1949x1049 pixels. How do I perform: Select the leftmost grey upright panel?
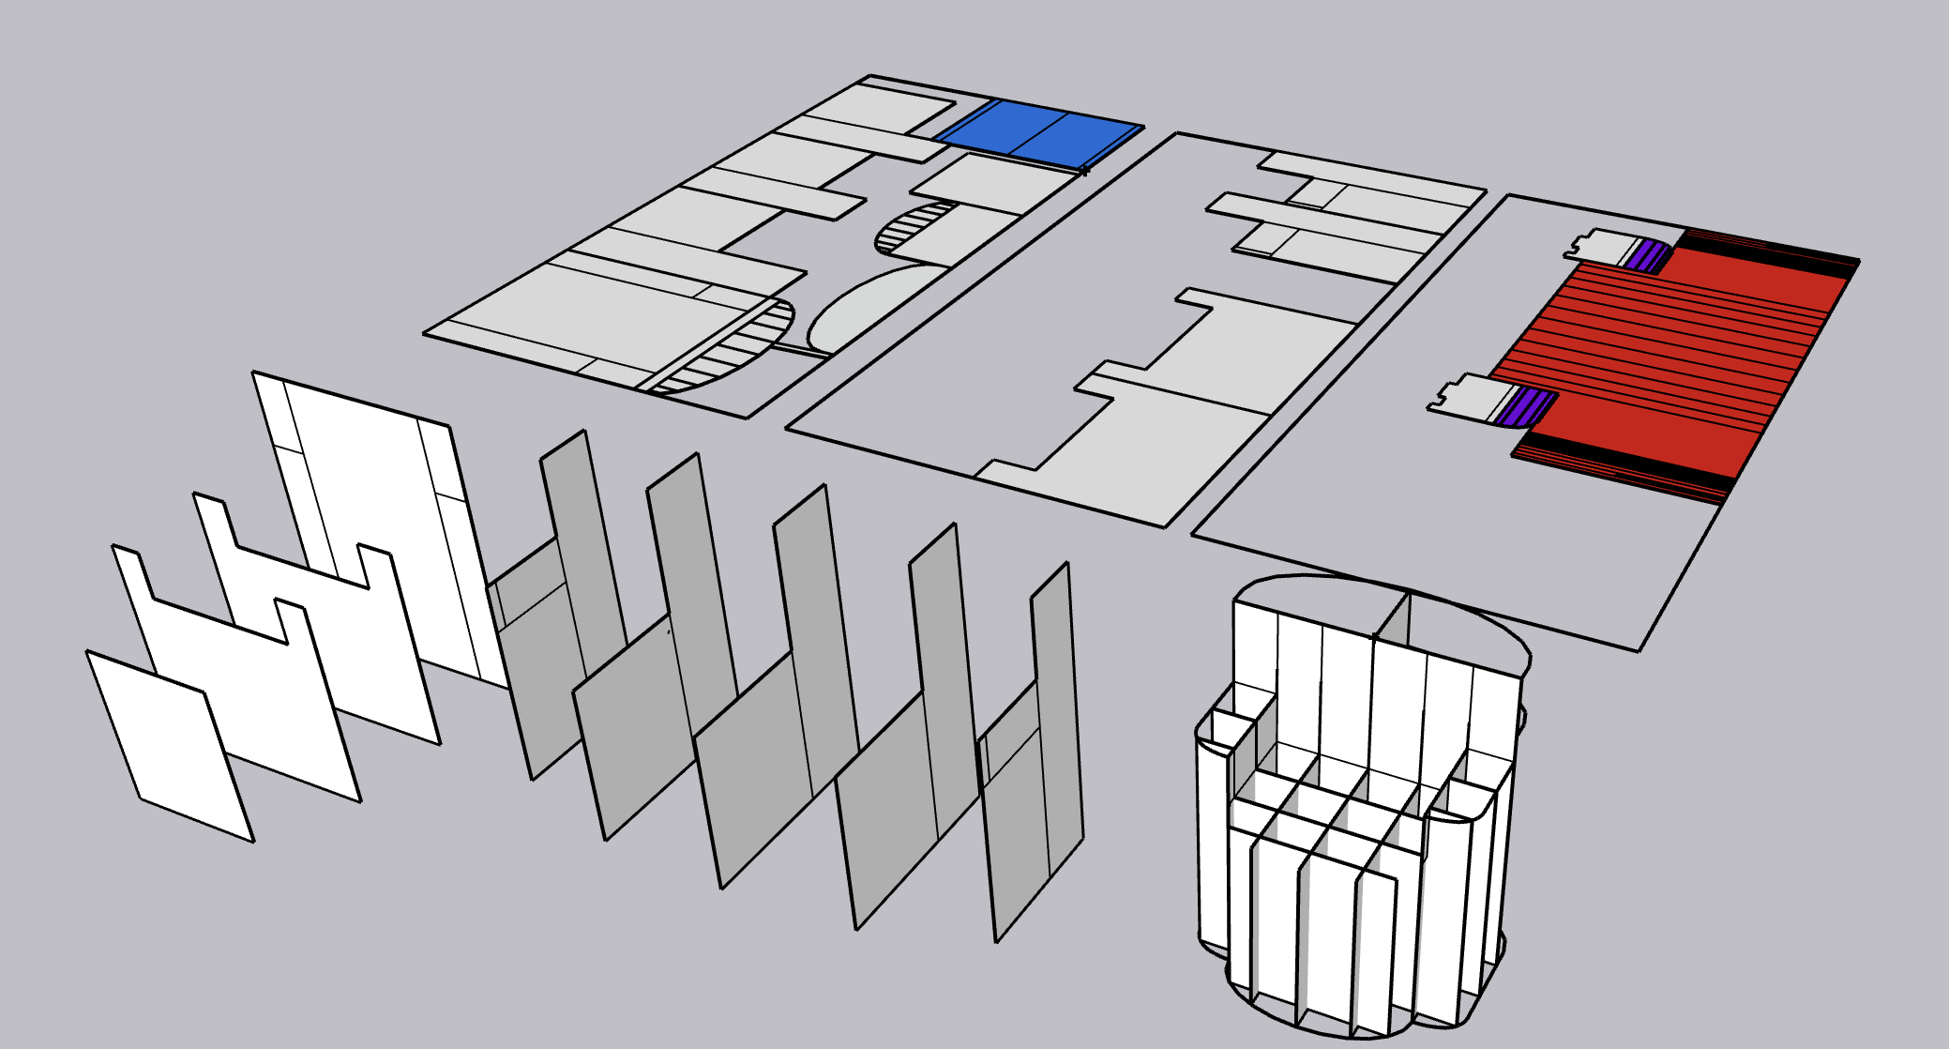coord(553,657)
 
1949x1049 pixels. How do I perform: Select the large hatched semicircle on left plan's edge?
coord(741,347)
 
